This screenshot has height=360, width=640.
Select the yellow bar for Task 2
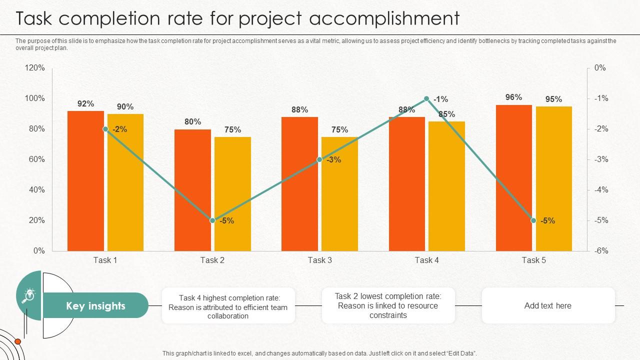[x=232, y=194]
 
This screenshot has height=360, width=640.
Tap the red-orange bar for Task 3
[x=299, y=184]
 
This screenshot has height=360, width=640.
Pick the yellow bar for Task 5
[x=553, y=178]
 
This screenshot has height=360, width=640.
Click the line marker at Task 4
[x=426, y=99]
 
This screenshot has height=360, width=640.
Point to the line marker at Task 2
[x=212, y=220]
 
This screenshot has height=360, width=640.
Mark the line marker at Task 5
[x=533, y=220]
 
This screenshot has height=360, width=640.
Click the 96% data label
[x=513, y=97]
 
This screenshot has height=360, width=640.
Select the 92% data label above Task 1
[x=85, y=104]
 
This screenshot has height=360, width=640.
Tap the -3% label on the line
[x=333, y=160]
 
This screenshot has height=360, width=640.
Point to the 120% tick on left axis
[x=34, y=68]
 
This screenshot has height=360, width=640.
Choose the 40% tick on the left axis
[x=36, y=190]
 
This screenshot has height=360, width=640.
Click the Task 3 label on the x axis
[x=319, y=260]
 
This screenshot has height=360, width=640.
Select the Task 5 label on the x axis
[x=533, y=260]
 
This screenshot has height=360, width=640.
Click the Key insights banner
[x=95, y=305]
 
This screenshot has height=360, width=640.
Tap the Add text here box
[x=547, y=305]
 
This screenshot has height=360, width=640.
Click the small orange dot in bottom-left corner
[x=18, y=341]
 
